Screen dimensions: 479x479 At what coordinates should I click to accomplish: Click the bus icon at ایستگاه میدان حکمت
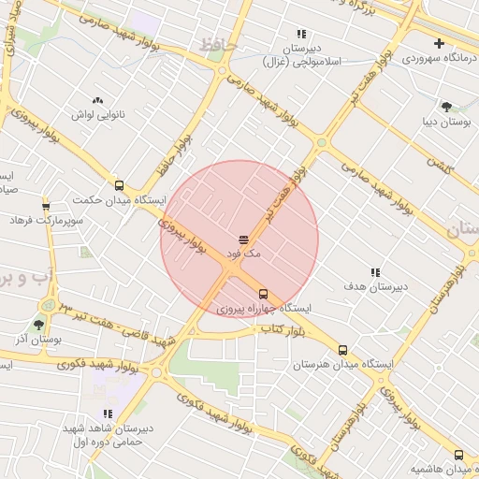(x=119, y=185)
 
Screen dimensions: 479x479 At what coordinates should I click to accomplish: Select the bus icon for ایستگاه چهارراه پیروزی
(x=262, y=293)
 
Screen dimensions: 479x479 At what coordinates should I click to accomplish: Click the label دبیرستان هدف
(x=373, y=286)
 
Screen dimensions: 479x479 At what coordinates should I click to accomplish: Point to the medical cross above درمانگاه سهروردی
(x=439, y=43)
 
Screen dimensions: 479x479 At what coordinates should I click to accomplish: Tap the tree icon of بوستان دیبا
(x=446, y=107)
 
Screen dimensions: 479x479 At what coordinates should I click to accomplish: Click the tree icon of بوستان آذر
(x=38, y=325)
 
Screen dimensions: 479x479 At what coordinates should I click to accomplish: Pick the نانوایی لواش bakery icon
(x=97, y=100)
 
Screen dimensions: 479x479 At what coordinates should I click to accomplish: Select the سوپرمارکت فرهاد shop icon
(x=46, y=206)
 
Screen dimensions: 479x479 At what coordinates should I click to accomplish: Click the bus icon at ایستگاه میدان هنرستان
(x=342, y=350)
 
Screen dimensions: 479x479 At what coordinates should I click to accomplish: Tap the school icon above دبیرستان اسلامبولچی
(x=301, y=33)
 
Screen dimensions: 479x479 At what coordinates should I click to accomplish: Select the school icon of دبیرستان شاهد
(x=108, y=414)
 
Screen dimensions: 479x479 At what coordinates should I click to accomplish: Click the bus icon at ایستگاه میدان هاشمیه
(x=458, y=454)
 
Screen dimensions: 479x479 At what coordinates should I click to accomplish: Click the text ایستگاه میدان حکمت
(x=119, y=200)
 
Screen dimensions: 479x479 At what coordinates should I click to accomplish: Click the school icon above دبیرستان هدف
(x=375, y=272)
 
